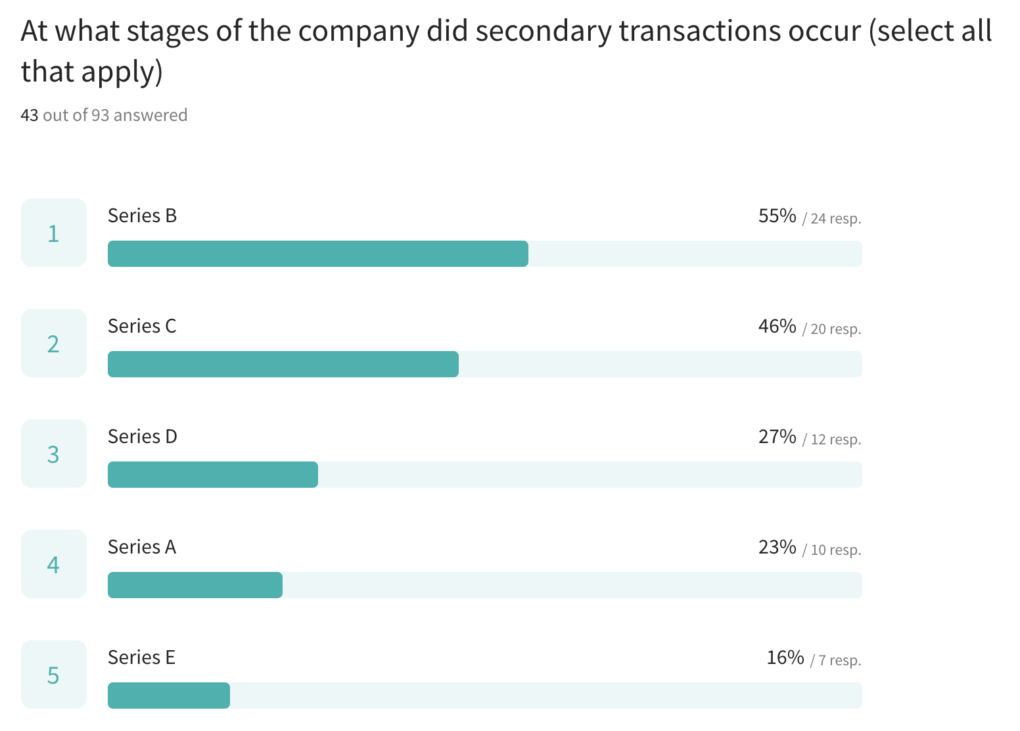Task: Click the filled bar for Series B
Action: point(317,254)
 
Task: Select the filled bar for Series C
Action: point(283,364)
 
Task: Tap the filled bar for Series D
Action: point(212,475)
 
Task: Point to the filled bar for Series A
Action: point(195,585)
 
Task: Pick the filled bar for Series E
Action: point(168,696)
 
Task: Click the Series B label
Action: point(142,216)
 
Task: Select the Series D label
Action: point(142,436)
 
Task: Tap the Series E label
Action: point(141,657)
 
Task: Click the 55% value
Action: point(777,216)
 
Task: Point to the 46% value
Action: point(777,326)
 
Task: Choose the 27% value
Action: point(777,436)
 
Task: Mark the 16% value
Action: point(785,657)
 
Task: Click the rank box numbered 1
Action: point(54,233)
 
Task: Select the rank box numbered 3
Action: point(54,454)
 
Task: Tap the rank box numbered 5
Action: point(54,674)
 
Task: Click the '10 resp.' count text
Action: point(835,550)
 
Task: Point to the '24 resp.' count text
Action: point(835,218)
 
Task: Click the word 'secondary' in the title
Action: point(544,31)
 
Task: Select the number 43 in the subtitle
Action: point(30,115)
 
